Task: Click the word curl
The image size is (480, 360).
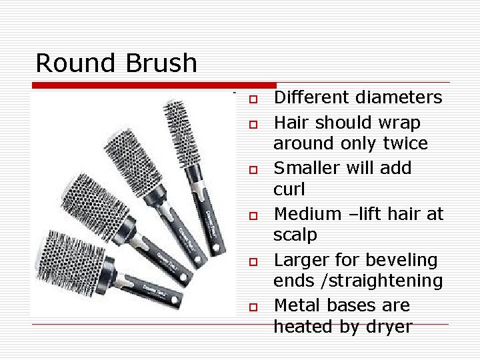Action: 289,189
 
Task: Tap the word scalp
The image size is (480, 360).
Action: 295,235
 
